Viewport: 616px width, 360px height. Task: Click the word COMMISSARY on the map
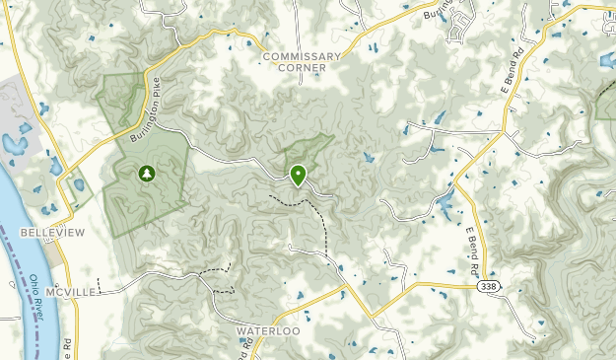tap(302, 56)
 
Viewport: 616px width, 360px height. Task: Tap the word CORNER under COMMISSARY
tap(302, 69)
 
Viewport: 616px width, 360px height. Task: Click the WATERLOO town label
tap(267, 331)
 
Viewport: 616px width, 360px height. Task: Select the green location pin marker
tap(298, 176)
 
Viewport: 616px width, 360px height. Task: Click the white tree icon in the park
tap(147, 174)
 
